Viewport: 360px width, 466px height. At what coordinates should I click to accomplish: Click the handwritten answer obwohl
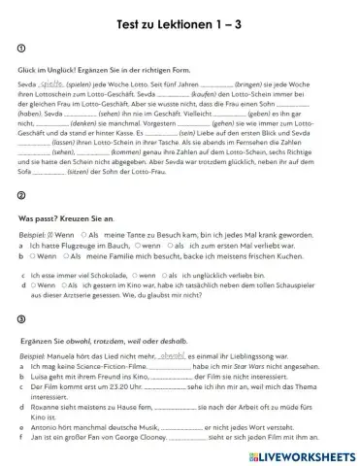[x=170, y=356]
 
